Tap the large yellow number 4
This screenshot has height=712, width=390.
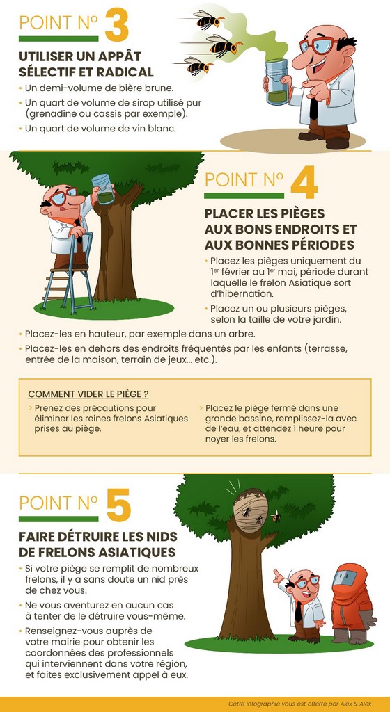[304, 183]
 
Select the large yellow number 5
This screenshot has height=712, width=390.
[118, 505]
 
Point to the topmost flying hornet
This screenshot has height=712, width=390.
[208, 19]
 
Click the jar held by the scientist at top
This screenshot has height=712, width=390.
[276, 82]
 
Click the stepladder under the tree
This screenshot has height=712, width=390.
[68, 272]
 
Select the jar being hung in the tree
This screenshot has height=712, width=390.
[103, 188]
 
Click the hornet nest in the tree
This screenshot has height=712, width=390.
[249, 510]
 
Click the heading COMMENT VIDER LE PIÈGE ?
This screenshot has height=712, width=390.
[88, 394]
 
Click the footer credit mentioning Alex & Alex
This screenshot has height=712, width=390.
[300, 704]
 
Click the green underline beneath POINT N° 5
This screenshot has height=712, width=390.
[58, 519]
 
